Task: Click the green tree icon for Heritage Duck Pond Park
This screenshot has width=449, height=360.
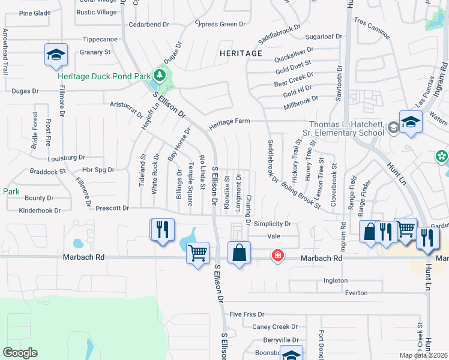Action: click(159, 76)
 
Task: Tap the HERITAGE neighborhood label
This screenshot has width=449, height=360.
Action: click(241, 53)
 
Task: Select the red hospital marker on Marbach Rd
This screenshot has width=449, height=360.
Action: click(277, 256)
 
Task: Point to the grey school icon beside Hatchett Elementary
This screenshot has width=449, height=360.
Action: click(393, 127)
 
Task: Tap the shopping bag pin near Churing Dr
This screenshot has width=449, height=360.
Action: click(239, 253)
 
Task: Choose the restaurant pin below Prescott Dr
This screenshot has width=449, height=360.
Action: click(161, 230)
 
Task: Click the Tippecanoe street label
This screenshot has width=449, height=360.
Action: click(100, 39)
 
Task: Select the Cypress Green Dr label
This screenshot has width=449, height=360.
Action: click(221, 24)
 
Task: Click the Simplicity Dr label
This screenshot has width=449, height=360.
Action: click(272, 224)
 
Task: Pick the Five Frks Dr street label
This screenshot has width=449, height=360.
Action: click(247, 314)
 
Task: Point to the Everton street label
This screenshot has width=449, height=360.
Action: click(355, 293)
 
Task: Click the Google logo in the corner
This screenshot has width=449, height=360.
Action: click(20, 353)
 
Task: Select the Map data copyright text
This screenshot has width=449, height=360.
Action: click(423, 356)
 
